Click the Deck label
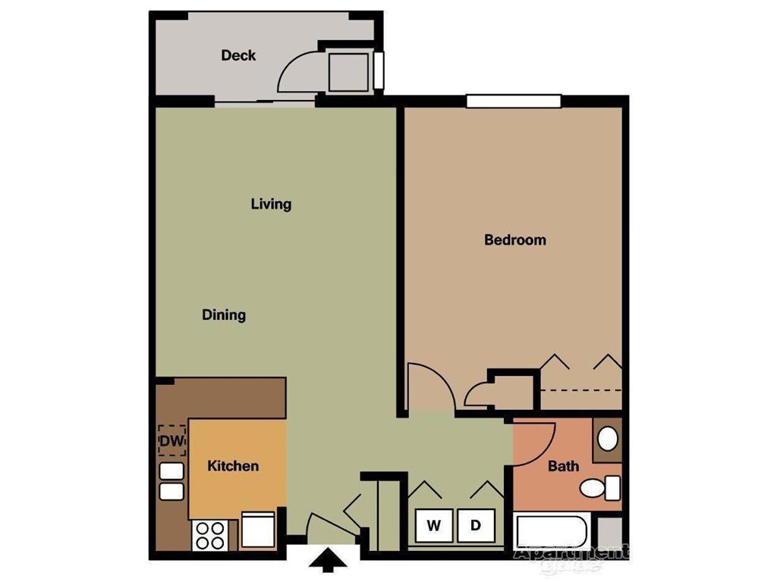click(x=238, y=55)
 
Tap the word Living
click(x=271, y=204)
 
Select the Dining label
click(x=224, y=314)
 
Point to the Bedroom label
click(x=515, y=240)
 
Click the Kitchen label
click(x=233, y=466)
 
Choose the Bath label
click(x=563, y=466)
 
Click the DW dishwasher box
click(x=171, y=440)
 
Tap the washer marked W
click(x=434, y=525)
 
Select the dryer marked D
click(x=476, y=525)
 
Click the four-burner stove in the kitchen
click(x=210, y=535)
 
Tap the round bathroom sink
click(x=607, y=439)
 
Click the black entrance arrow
click(x=327, y=562)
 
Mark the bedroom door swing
click(x=429, y=388)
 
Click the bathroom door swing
click(x=535, y=440)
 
